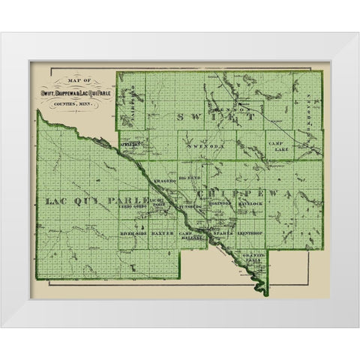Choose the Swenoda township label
[207, 147]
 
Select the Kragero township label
[165, 182]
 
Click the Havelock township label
[251, 205]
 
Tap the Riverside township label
[133, 234]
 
